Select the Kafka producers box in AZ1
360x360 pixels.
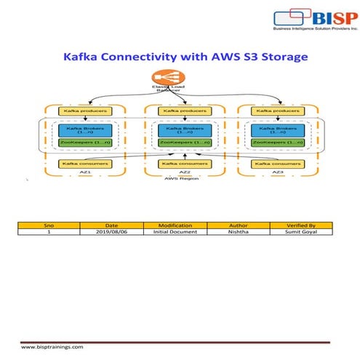(x=79, y=111)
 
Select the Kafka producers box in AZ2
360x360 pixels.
(x=180, y=111)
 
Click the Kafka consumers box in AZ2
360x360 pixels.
(x=180, y=164)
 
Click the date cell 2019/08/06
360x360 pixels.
(x=112, y=232)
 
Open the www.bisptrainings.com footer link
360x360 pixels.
(x=52, y=348)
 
